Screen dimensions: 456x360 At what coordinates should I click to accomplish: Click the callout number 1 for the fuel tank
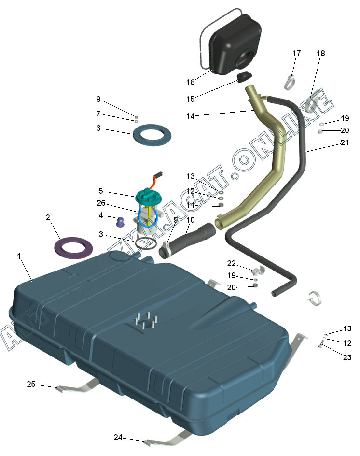tap(19, 256)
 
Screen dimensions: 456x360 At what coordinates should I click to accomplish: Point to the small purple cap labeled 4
tap(120, 222)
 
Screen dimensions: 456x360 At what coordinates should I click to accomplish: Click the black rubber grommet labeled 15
tap(245, 77)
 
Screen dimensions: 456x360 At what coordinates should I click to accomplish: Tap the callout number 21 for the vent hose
tap(344, 143)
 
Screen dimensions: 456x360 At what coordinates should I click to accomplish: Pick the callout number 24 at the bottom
tap(118, 438)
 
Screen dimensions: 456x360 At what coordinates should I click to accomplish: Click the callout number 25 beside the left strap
tap(31, 385)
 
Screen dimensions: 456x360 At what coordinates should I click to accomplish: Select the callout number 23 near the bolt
tap(347, 357)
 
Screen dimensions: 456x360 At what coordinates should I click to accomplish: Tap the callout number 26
tap(101, 203)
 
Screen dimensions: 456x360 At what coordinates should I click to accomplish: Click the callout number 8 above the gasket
tap(98, 100)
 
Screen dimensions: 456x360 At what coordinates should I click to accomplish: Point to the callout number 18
tap(321, 54)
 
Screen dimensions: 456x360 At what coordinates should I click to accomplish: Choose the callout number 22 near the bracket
tap(232, 263)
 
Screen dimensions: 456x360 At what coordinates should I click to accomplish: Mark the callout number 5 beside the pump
tap(101, 191)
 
